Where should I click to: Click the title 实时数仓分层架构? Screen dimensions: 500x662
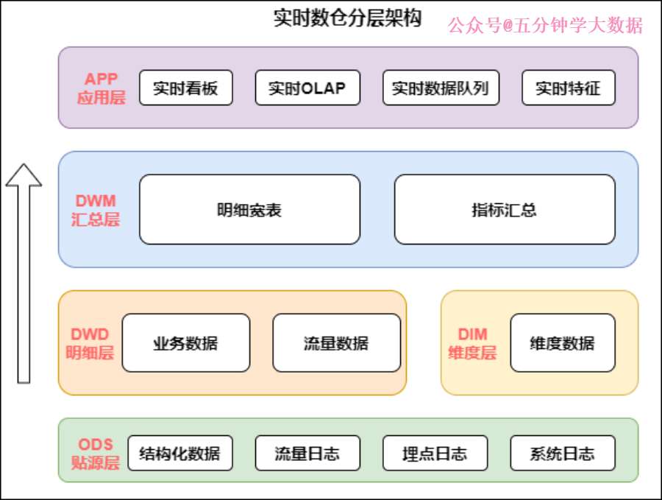pyautogui.click(x=347, y=18)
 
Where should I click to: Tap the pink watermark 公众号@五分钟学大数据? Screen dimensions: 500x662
pyautogui.click(x=545, y=26)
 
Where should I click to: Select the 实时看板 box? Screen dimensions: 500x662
pyautogui.click(x=185, y=88)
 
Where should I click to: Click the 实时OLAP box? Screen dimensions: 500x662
pyautogui.click(x=307, y=88)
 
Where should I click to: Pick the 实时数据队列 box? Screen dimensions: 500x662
pyautogui.click(x=435, y=88)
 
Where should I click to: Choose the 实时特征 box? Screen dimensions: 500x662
pyautogui.click(x=568, y=88)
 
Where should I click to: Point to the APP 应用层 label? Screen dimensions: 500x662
pyautogui.click(x=102, y=88)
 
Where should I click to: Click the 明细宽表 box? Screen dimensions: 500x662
pyautogui.click(x=249, y=210)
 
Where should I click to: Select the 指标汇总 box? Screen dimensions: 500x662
pyautogui.click(x=504, y=210)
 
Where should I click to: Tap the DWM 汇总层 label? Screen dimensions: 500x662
pyautogui.click(x=96, y=210)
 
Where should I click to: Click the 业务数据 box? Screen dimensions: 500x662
pyautogui.click(x=185, y=343)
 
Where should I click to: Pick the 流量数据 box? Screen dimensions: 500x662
pyautogui.click(x=336, y=343)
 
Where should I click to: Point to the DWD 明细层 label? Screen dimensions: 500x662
pyautogui.click(x=90, y=343)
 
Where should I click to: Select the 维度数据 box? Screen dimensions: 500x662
pyautogui.click(x=562, y=343)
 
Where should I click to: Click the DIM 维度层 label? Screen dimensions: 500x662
pyautogui.click(x=472, y=343)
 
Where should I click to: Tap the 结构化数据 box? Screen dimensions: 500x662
pyautogui.click(x=179, y=453)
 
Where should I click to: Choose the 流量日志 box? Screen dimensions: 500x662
pyautogui.click(x=307, y=453)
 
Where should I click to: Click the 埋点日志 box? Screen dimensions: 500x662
pyautogui.click(x=435, y=453)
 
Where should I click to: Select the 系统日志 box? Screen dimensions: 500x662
pyautogui.click(x=562, y=453)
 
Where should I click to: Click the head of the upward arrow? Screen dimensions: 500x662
pyautogui.click(x=24, y=175)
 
